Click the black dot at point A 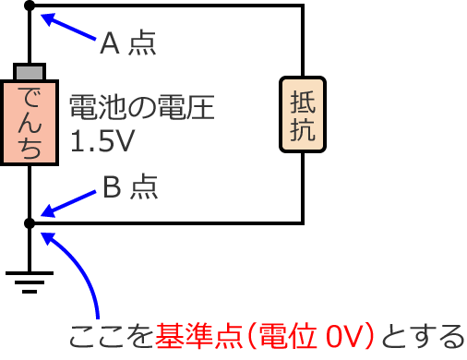tap(30, 6)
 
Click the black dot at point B tap(30, 222)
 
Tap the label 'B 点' tap(129, 187)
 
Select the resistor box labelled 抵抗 tap(303, 114)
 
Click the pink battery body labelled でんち tap(30, 121)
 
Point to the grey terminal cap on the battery tap(30, 71)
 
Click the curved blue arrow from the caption tap(88, 277)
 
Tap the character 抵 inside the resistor tap(303, 101)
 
